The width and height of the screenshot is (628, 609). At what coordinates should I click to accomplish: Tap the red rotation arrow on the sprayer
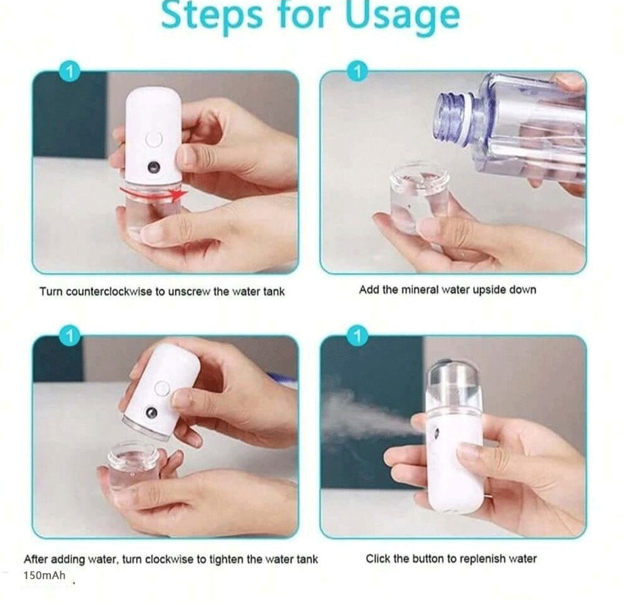pos(153,192)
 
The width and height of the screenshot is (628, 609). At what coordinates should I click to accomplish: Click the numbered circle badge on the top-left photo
pos(69,72)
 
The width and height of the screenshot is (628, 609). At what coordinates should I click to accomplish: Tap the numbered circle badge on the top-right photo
pos(357,72)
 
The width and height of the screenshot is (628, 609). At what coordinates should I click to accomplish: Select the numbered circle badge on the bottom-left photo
pos(69,337)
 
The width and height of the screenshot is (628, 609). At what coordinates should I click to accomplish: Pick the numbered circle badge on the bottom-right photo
pos(357,337)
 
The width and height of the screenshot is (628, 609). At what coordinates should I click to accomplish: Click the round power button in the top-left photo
pos(153,140)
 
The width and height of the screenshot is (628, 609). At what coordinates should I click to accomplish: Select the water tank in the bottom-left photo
pos(133,466)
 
